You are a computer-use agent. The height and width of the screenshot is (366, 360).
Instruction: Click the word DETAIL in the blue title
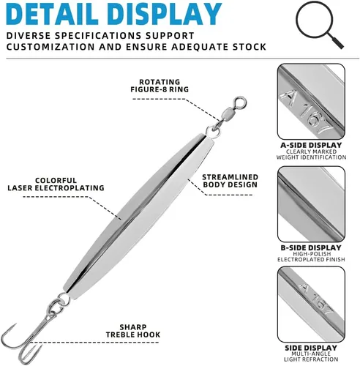pos(52,14)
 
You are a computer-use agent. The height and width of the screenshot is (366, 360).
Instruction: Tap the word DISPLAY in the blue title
pos(163,14)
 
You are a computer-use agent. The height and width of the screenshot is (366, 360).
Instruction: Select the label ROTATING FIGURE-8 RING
pos(160,86)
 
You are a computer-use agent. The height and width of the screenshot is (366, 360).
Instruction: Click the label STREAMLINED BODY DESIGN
pos(230,181)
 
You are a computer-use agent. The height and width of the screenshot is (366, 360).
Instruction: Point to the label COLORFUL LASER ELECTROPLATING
pos(56,184)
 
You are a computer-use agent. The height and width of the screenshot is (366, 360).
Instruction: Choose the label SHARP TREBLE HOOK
pos(133,331)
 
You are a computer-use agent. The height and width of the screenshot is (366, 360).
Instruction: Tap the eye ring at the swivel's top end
pos(240,103)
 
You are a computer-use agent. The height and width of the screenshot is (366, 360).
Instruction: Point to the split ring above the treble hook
pos(64,299)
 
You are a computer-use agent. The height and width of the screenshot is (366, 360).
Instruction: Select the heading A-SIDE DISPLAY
pos(311,145)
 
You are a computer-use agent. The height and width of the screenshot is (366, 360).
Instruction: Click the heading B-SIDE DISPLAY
pos(311,247)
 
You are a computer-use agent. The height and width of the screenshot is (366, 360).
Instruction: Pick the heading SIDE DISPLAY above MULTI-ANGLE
pos(311,348)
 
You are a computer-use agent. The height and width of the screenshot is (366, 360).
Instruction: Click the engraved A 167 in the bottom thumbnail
pos(315,299)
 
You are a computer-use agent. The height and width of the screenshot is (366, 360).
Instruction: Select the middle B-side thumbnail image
pos(311,204)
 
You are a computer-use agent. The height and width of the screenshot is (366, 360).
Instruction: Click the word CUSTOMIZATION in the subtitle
pos(50,47)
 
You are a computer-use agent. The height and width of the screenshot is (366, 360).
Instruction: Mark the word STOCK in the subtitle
pos(249,47)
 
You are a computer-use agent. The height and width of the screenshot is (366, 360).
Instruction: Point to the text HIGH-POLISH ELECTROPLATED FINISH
pos(311,257)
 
